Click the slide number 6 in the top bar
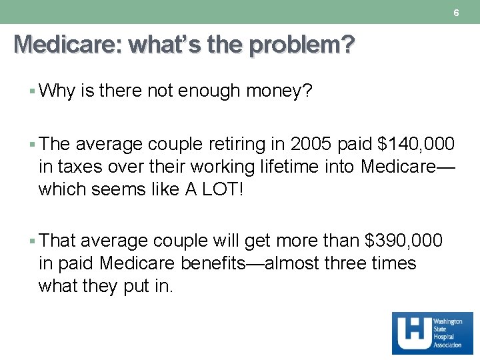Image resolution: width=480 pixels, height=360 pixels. tap(456, 13)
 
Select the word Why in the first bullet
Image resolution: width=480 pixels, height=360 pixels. tap(57, 91)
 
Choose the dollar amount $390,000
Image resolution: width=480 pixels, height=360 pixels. tap(404, 240)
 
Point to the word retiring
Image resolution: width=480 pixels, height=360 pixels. tap(241, 144)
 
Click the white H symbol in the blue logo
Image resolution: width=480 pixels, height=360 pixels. tap(411, 333)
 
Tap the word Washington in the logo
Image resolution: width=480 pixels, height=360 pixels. tap(448, 321)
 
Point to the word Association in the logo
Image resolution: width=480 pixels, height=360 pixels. tap(447, 345)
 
